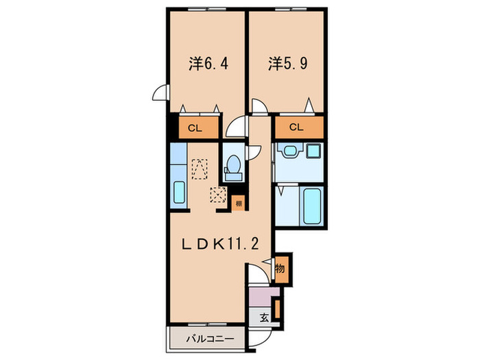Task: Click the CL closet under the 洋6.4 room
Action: tap(195, 128)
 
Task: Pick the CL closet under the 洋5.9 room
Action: tap(296, 128)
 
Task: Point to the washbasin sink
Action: tap(287, 152)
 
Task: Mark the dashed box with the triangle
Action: tap(200, 168)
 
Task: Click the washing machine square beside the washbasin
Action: tap(315, 152)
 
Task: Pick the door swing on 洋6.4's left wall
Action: tap(160, 93)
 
